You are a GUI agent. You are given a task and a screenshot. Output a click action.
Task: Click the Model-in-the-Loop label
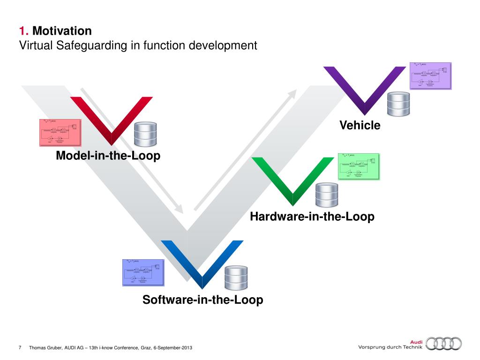108,156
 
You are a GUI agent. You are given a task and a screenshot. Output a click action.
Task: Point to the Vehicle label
360,126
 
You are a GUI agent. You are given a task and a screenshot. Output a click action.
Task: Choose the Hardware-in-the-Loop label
312,217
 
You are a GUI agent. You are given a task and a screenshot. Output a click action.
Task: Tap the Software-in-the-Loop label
202,300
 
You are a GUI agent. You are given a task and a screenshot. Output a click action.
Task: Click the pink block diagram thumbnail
60,132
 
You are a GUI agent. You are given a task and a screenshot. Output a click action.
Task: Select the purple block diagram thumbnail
430,75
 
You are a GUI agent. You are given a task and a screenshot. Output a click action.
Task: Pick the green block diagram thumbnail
359,166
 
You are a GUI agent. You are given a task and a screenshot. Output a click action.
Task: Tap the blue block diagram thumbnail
143,272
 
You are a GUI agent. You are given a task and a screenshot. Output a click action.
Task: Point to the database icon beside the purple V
398,104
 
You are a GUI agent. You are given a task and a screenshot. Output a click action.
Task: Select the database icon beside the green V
326,195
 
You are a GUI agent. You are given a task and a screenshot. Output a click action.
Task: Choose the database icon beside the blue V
235,278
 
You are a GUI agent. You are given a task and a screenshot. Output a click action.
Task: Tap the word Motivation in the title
62,31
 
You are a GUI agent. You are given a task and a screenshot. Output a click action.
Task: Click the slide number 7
20,347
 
